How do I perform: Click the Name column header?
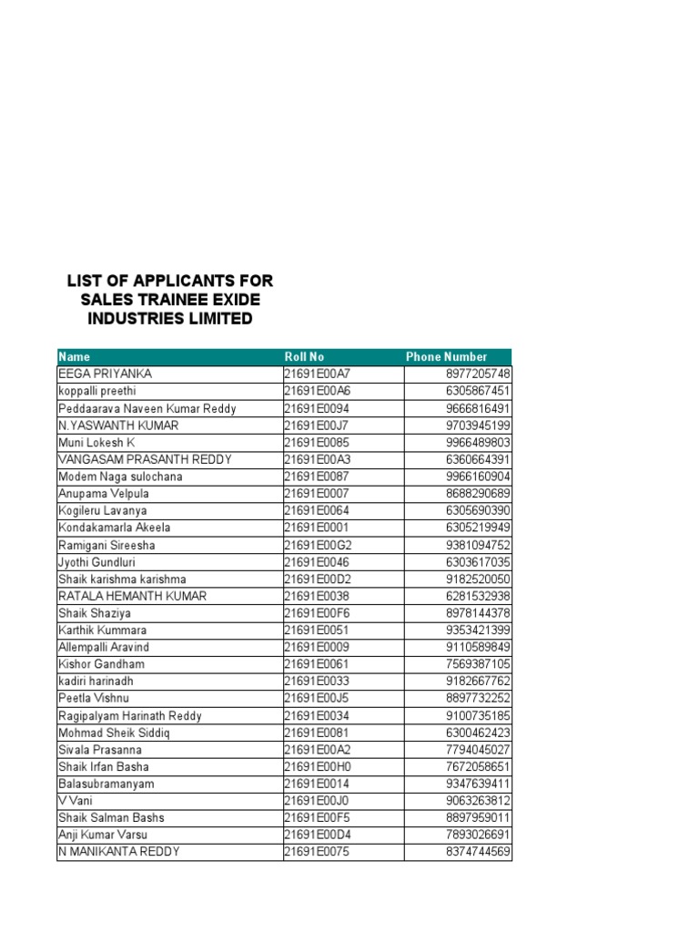[x=75, y=356]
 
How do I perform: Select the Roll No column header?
[x=304, y=356]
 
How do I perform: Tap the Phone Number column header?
[x=446, y=356]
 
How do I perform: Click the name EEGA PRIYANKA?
[x=105, y=374]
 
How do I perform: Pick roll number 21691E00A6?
[x=317, y=391]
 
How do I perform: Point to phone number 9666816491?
[x=478, y=408]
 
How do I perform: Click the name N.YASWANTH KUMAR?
[x=118, y=425]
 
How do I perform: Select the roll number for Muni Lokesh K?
[x=317, y=442]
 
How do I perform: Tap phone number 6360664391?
[x=478, y=459]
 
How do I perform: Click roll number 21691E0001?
[x=317, y=528]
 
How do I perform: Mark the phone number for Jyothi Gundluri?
[x=478, y=562]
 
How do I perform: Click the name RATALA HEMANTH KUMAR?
[x=132, y=596]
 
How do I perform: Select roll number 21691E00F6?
[x=317, y=613]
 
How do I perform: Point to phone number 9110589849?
[x=478, y=647]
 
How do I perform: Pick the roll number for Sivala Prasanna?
[x=317, y=750]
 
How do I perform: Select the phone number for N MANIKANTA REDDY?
[x=478, y=852]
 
